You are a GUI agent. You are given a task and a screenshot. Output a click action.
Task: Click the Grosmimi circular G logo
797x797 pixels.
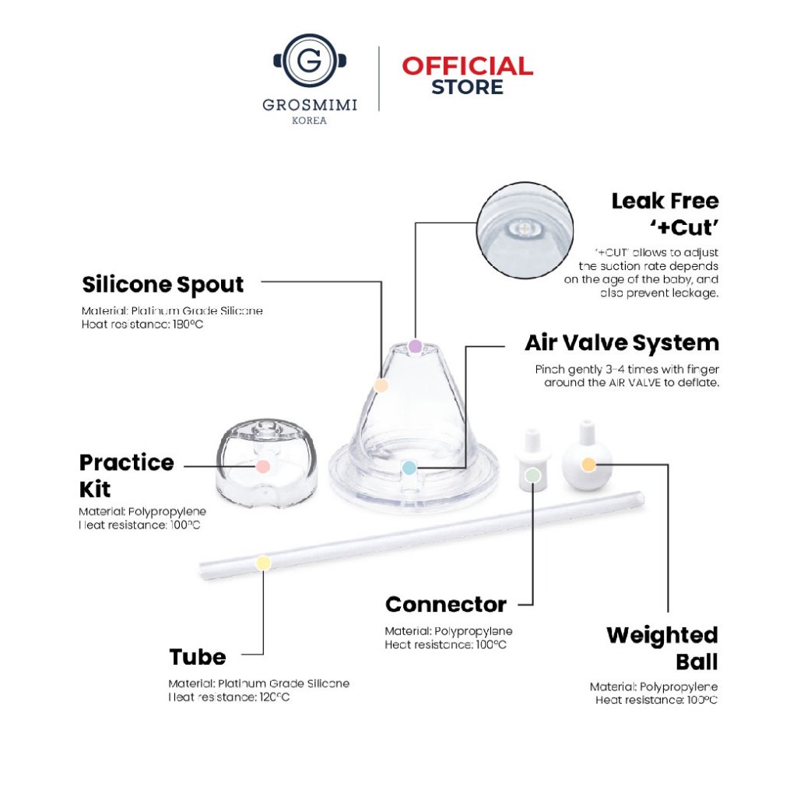310,61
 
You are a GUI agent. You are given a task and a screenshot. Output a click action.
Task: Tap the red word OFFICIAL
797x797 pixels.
467,66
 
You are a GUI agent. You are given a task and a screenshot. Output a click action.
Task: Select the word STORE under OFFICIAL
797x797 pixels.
467,87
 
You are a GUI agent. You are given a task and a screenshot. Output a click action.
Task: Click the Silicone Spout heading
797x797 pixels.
163,285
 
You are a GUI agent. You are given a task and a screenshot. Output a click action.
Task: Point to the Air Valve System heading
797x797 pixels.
622,343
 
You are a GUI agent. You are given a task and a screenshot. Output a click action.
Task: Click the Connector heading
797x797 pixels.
446,604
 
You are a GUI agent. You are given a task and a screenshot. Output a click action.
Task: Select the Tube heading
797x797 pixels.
197,657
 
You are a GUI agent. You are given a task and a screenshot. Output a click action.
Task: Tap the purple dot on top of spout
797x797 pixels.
416,346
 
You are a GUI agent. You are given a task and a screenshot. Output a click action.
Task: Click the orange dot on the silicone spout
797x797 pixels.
381,385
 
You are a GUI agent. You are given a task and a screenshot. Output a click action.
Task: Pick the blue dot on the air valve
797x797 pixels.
409,468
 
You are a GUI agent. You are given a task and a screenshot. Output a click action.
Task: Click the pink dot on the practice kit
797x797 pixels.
262,466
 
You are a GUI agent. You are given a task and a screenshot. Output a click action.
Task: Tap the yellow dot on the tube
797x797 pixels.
263,564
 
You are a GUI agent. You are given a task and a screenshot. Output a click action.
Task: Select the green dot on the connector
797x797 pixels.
532,476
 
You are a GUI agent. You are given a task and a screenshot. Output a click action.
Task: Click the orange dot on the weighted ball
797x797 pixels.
588,465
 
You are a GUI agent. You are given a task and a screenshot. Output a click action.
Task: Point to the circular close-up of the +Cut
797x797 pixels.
525,230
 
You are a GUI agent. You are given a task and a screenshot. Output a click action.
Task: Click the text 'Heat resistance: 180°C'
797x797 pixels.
142,325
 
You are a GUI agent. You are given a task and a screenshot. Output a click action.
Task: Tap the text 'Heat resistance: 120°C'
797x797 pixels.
229,697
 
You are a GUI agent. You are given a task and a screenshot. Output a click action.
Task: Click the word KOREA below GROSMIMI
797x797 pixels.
309,121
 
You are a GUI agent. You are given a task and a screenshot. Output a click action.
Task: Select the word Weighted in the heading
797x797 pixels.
662,635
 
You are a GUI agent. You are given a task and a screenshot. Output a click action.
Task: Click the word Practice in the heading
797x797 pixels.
127,462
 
